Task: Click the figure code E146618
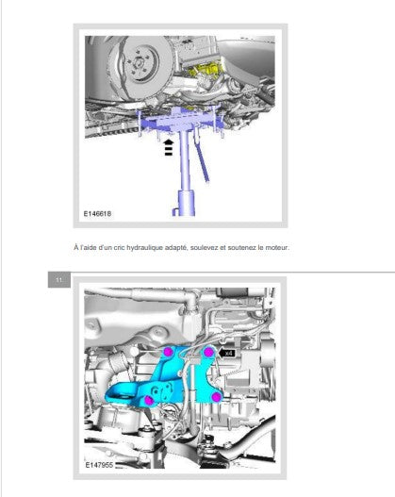97,214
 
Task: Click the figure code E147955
99,465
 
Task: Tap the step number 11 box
58,280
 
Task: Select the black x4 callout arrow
227,353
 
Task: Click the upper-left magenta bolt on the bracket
168,352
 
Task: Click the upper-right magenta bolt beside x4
208,352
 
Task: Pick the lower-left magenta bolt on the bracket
149,400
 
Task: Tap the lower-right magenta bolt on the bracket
216,397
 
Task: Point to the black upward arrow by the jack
169,147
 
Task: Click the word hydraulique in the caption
145,247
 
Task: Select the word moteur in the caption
276,247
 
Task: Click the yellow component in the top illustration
205,71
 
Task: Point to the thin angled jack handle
202,157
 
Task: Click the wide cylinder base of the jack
185,204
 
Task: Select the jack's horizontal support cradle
181,123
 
